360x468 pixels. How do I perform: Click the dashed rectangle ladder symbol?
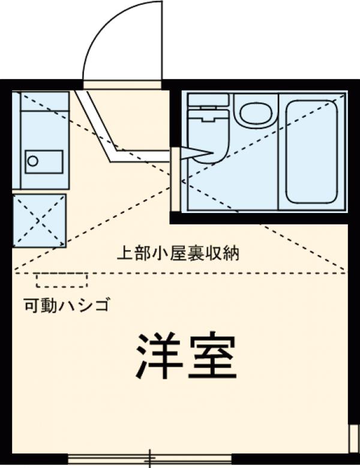click(62, 280)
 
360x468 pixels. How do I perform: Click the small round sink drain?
click(33, 161)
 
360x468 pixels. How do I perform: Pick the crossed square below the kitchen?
click(40, 220)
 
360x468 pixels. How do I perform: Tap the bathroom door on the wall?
click(175, 179)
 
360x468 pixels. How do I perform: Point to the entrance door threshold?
click(122, 85)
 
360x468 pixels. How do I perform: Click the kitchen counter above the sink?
click(42, 120)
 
